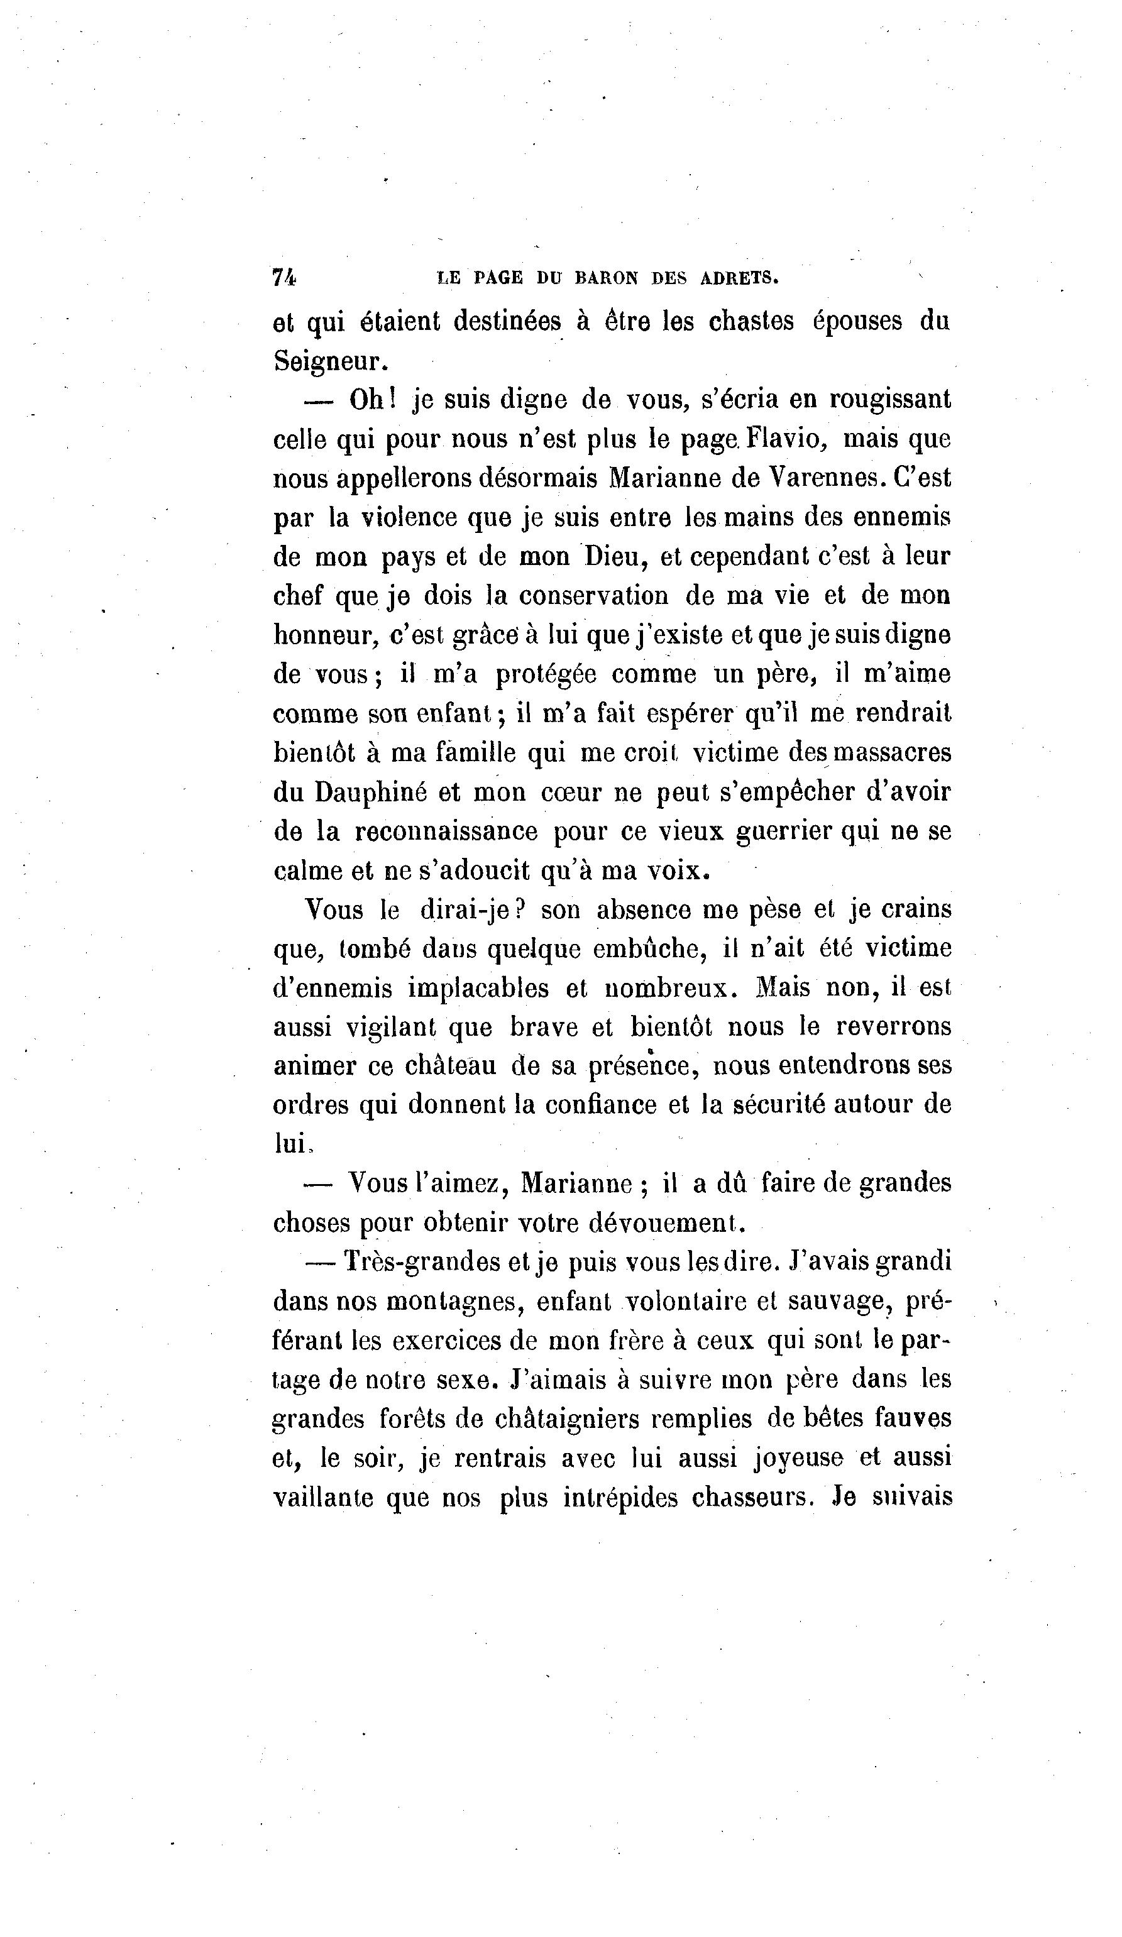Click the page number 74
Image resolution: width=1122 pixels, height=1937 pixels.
click(x=283, y=278)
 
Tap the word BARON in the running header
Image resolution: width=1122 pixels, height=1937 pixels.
click(x=607, y=278)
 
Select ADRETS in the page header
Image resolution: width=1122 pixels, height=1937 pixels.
click(x=739, y=278)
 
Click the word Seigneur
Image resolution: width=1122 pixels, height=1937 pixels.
click(x=326, y=361)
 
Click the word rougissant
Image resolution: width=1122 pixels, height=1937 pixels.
click(x=889, y=400)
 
